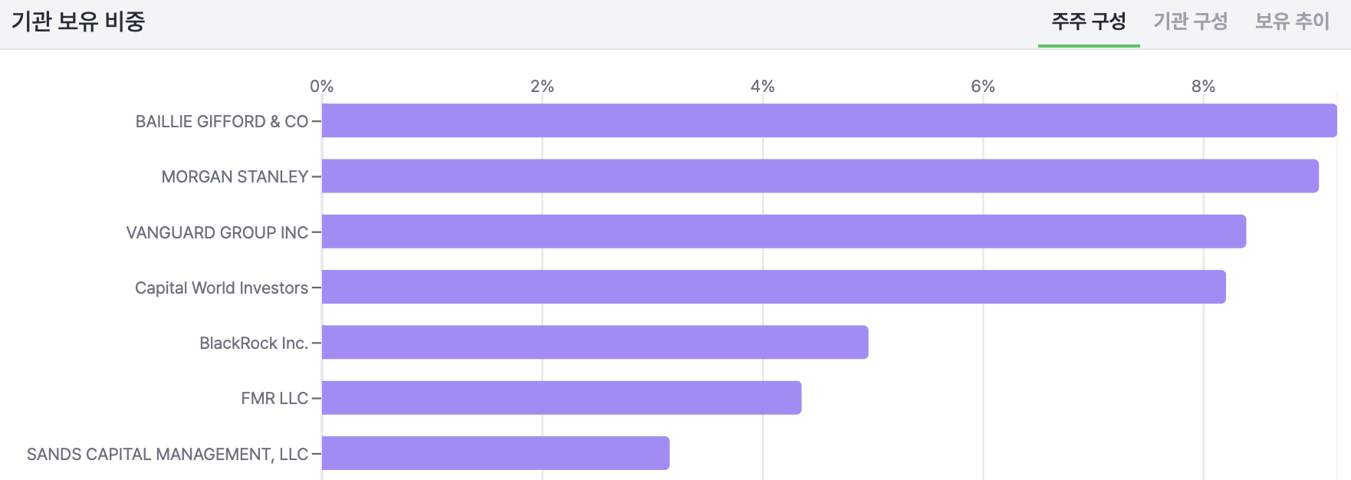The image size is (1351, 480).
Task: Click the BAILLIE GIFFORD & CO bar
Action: point(828,121)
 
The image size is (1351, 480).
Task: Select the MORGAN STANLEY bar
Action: point(820,176)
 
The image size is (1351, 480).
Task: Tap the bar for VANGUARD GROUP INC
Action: point(784,232)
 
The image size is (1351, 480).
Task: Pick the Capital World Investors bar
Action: point(773,287)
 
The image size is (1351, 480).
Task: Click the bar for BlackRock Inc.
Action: point(595,342)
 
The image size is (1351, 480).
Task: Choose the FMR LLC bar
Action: point(561,398)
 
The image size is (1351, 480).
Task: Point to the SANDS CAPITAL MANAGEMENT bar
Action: point(495,453)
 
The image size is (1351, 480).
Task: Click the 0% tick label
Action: point(322,87)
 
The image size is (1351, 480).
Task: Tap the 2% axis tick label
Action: point(542,87)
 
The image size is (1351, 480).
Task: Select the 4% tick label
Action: point(762,87)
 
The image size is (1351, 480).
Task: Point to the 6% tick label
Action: point(983,87)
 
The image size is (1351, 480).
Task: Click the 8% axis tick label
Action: point(1203,87)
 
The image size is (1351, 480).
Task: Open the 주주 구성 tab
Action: point(1089,21)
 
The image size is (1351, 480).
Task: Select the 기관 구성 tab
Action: point(1191,21)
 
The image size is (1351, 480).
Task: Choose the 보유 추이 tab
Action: point(1292,21)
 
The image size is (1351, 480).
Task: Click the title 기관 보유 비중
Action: point(78,21)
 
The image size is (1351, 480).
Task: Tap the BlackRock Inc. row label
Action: point(254,343)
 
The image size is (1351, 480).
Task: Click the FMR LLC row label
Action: point(274,399)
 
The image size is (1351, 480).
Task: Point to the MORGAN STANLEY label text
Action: point(235,177)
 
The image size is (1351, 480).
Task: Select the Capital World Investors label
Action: point(222,288)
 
